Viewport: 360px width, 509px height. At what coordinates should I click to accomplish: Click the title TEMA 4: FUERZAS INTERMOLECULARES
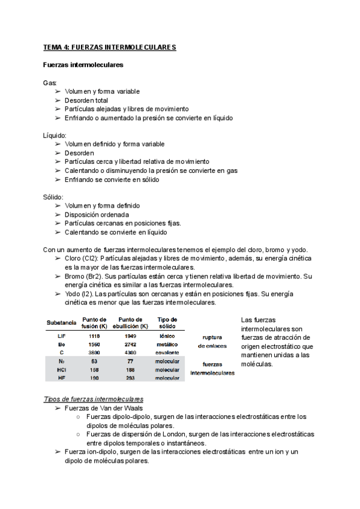(109, 47)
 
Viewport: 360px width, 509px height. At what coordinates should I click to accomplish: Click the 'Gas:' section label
(50, 82)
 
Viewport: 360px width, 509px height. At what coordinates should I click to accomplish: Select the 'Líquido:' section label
(55, 135)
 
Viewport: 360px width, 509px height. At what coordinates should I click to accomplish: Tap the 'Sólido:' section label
(53, 197)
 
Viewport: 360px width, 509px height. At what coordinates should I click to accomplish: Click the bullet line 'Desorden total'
(86, 100)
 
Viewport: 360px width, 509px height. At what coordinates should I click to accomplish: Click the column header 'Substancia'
(61, 323)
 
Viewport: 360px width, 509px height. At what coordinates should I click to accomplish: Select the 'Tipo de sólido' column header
(167, 323)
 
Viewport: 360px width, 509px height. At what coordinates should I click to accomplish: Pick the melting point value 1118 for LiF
(94, 336)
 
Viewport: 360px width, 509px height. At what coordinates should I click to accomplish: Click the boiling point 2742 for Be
(131, 345)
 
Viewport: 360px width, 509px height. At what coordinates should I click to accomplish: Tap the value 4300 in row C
(131, 354)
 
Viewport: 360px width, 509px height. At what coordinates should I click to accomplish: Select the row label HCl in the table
(61, 370)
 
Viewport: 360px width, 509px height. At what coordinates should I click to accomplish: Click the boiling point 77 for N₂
(131, 362)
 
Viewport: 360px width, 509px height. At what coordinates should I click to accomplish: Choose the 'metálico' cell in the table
(167, 345)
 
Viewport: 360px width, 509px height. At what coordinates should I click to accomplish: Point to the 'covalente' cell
(167, 354)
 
